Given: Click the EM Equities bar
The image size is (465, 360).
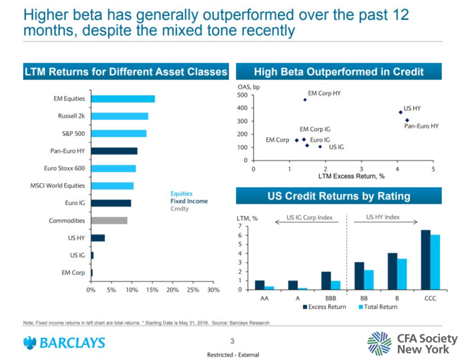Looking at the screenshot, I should coord(123,99).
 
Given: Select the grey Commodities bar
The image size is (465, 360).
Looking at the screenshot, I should coord(109,221).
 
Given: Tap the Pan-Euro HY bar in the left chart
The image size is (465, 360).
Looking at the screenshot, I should coord(114,151).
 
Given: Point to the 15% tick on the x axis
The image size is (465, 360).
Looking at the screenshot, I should coord(152,290).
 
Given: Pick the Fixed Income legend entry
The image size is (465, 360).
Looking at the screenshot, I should coord(189,201).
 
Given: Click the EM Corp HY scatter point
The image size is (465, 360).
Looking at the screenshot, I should coord(305,100).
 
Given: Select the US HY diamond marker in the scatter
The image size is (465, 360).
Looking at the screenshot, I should coord(401,112).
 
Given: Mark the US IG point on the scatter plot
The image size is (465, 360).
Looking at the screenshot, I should coord(320,147).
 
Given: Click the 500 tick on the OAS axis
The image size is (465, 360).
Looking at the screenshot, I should coord(242,95).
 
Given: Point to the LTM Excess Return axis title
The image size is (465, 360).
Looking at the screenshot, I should coord(351,177).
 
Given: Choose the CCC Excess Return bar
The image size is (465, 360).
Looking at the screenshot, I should coord(425,260).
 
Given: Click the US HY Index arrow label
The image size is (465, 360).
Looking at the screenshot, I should coord(383,217).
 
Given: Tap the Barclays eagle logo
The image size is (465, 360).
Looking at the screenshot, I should coord(30,343).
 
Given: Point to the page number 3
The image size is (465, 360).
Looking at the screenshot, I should coord(232,341).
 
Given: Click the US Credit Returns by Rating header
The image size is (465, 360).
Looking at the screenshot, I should coord(339,196).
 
